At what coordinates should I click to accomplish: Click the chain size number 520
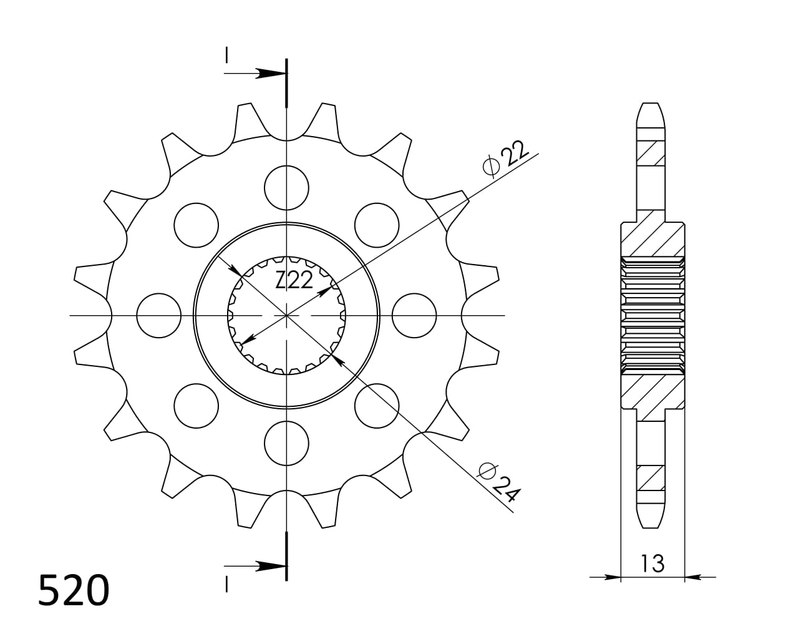point(74,590)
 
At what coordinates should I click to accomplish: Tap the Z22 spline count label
point(294,281)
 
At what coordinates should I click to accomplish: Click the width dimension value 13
point(652,563)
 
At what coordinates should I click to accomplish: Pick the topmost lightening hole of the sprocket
point(286,187)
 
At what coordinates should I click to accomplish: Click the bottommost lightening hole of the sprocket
point(286,443)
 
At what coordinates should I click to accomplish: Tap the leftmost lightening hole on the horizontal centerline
point(158,315)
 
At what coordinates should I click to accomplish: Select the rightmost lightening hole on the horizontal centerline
point(414,315)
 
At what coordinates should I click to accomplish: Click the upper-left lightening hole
point(196,225)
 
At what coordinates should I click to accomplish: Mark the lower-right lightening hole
point(377,406)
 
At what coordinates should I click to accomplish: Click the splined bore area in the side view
point(652,315)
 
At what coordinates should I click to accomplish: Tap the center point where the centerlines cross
point(286,315)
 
